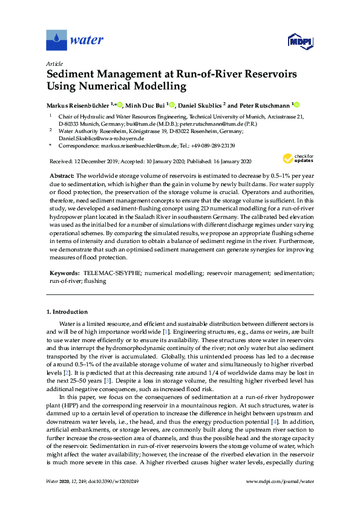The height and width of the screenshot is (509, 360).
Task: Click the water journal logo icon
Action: [x=56, y=41]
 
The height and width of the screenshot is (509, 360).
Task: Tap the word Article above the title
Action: [x=54, y=63]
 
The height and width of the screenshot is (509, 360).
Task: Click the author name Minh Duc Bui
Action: [x=145, y=104]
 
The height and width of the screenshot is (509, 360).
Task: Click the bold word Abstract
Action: [x=61, y=174]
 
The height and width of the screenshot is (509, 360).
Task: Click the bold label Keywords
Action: [x=64, y=273]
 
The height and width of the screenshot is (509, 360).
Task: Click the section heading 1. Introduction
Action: [x=67, y=312]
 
